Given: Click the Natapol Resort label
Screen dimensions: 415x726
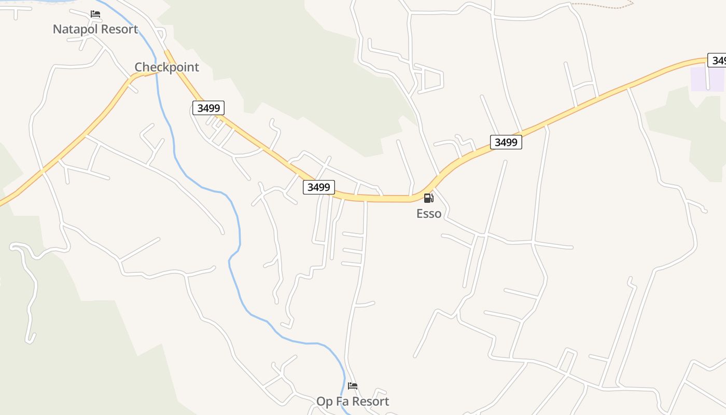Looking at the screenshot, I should click(x=95, y=29).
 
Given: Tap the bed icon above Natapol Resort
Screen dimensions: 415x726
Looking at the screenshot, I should click(x=95, y=14).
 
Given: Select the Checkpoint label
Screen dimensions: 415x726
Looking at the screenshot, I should click(x=166, y=67).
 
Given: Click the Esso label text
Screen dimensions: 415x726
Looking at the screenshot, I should click(x=429, y=213).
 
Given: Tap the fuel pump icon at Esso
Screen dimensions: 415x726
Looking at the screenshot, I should click(x=428, y=198).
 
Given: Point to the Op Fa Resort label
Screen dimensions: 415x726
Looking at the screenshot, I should click(x=353, y=401).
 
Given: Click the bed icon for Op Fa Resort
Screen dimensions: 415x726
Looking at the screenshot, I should click(x=353, y=386).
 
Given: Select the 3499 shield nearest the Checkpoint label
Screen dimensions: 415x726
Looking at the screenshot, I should click(x=208, y=108).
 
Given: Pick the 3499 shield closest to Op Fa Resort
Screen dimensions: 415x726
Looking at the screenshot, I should click(x=318, y=187).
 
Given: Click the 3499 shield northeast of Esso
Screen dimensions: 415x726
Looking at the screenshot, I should click(x=506, y=142).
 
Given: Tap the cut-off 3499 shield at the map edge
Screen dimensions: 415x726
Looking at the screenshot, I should click(x=718, y=60).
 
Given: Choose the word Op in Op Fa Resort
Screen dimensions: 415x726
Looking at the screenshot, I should click(x=324, y=401).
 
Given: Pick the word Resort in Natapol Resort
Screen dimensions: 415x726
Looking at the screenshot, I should click(x=119, y=29).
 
